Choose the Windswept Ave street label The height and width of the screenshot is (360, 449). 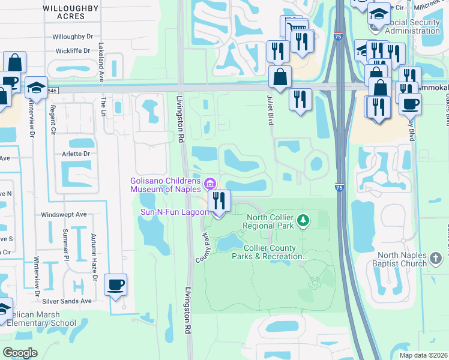click(64, 214)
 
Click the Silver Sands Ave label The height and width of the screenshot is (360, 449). click(66, 301)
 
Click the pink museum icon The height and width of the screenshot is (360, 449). click(209, 182)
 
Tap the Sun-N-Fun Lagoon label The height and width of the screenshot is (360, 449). click(173, 212)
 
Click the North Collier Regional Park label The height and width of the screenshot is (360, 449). click(268, 221)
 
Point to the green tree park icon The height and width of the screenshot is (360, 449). click(304, 221)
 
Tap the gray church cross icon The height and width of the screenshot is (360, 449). click(436, 259)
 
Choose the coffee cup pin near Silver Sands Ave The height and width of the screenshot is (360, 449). click(115, 286)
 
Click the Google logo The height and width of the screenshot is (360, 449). click(20, 353)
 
